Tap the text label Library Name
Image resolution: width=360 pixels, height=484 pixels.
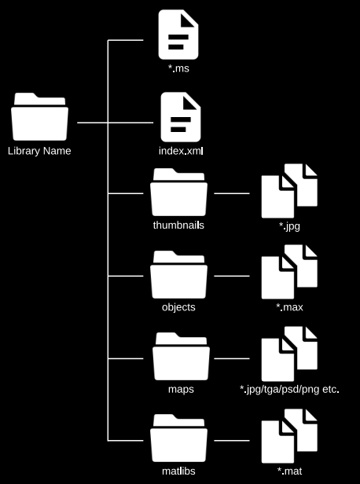[39, 151]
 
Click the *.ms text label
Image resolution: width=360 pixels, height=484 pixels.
[179, 69]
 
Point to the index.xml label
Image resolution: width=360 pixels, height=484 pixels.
[181, 151]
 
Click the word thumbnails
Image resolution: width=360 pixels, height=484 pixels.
[180, 225]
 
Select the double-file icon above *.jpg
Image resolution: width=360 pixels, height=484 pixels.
[288, 190]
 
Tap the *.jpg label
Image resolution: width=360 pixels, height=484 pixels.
[288, 226]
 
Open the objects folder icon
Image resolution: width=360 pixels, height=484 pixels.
[179, 275]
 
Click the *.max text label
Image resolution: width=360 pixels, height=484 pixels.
[288, 307]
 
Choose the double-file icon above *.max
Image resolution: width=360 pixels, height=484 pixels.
[288, 273]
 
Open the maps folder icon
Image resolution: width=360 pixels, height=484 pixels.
[179, 357]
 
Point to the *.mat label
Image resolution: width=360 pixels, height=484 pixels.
[288, 471]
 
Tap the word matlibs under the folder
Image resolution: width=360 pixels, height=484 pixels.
[179, 471]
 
